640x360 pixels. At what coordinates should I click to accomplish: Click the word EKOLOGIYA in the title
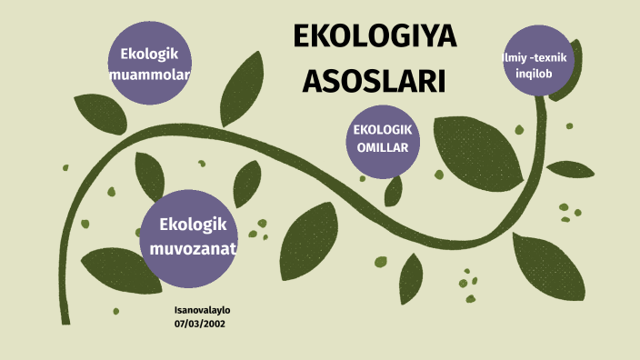coord(375,39)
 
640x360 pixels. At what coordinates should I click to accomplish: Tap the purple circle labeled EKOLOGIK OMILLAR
coord(383,137)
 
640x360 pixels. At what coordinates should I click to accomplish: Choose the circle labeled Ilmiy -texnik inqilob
coord(540,65)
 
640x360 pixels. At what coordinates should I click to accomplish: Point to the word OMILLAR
coord(383,147)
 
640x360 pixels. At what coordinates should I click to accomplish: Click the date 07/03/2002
coord(200,323)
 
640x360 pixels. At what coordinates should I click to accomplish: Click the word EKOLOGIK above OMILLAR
coord(383,128)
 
